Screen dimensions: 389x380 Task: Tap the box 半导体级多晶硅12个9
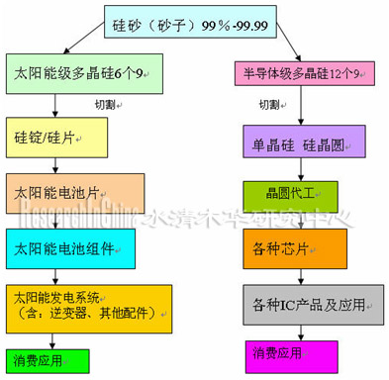[306, 72]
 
